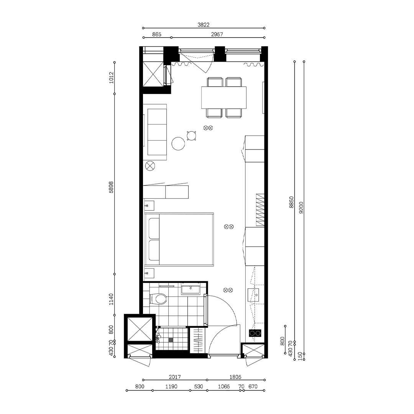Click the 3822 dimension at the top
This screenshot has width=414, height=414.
click(x=204, y=25)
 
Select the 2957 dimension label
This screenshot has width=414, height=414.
click(x=217, y=34)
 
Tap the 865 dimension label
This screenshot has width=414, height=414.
click(x=156, y=34)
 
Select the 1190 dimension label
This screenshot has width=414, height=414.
click(x=171, y=387)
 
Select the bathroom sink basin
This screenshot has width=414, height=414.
click(x=190, y=289)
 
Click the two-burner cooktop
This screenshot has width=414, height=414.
click(x=255, y=333)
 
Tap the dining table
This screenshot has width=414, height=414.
click(x=224, y=97)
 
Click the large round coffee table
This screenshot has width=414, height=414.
click(x=179, y=144)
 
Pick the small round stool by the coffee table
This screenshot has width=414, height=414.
click(x=191, y=135)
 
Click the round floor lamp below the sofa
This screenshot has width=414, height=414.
click(x=150, y=166)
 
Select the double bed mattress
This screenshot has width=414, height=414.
click(x=186, y=240)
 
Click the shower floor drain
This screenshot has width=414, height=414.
click(x=171, y=339)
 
